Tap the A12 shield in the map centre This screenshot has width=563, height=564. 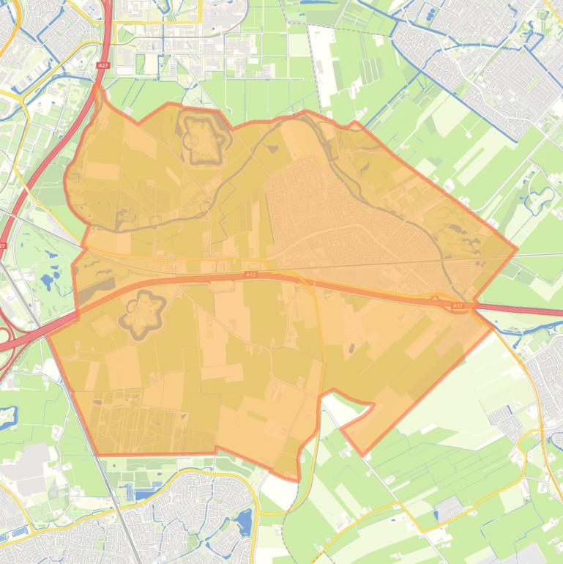tap(250, 275)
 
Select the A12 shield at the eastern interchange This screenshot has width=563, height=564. tap(458, 305)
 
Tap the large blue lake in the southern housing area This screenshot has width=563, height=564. tap(243, 522)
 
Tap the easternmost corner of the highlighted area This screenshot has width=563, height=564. tap(517, 249)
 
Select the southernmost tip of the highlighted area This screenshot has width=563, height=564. tap(298, 480)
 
